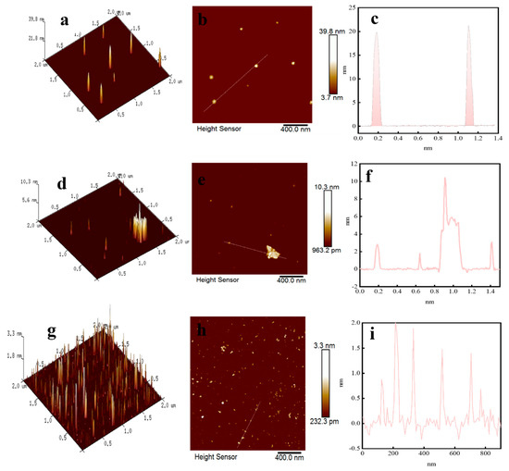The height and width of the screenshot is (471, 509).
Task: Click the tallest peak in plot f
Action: (x=445, y=179)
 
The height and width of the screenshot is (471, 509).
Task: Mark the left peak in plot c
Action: (x=376, y=35)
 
